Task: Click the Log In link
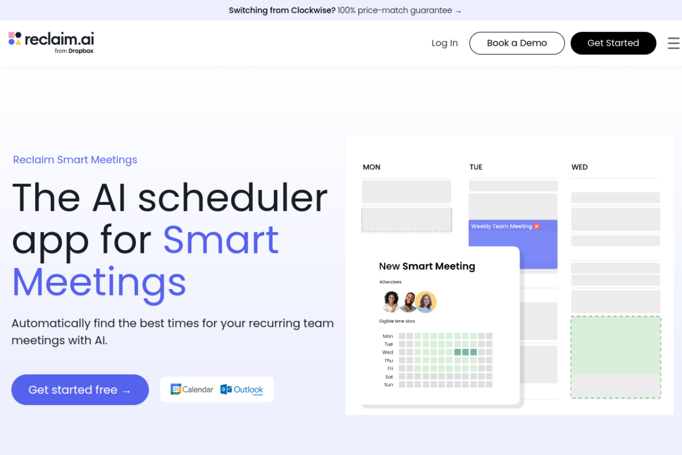(x=444, y=43)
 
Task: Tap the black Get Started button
(x=613, y=43)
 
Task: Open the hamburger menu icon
(x=673, y=43)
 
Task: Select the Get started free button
(x=80, y=390)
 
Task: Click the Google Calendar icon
(x=176, y=389)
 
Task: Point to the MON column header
(x=371, y=167)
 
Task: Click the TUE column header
(x=476, y=167)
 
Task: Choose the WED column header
(x=579, y=167)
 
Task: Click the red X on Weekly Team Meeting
(x=537, y=226)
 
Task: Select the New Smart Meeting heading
(x=427, y=266)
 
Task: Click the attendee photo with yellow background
(x=426, y=302)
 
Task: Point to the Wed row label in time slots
(x=387, y=353)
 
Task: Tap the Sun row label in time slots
(x=388, y=385)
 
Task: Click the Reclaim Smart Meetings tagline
(x=75, y=160)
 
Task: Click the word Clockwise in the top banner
(x=313, y=10)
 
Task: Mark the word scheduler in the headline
(x=232, y=198)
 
